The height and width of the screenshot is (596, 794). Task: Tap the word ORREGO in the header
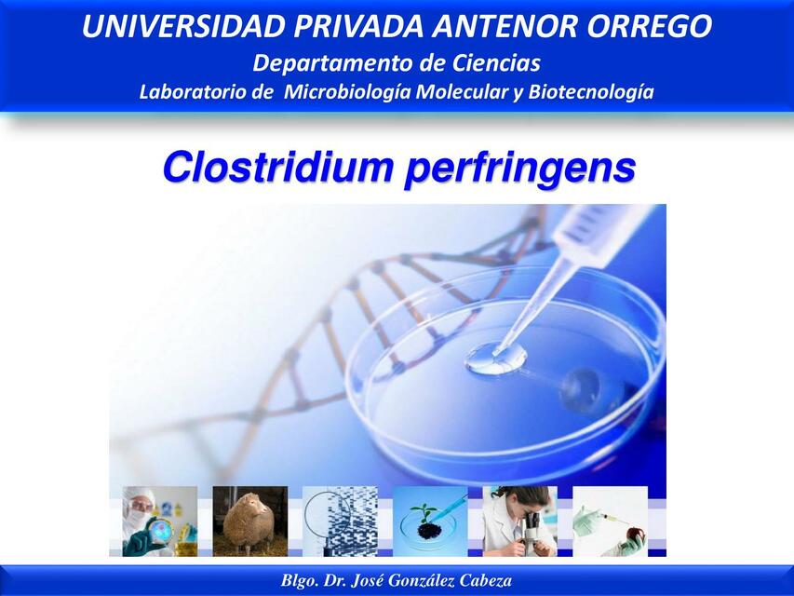pyautogui.click(x=652, y=27)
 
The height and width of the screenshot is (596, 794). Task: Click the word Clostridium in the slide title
pyautogui.click(x=276, y=168)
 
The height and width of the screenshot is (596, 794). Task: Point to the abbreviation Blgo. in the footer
pyautogui.click(x=300, y=580)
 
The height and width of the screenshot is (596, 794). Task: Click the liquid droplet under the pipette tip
pyautogui.click(x=495, y=357)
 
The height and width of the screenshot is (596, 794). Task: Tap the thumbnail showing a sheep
pyautogui.click(x=249, y=521)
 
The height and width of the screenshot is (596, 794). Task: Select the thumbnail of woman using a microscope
pyautogui.click(x=519, y=521)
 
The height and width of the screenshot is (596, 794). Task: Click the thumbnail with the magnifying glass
pyautogui.click(x=339, y=521)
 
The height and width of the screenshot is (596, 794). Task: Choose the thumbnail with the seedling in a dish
pyautogui.click(x=430, y=521)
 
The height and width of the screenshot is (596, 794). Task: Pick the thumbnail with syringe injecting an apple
pyautogui.click(x=610, y=521)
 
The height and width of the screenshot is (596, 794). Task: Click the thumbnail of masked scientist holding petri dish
pyautogui.click(x=159, y=521)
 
